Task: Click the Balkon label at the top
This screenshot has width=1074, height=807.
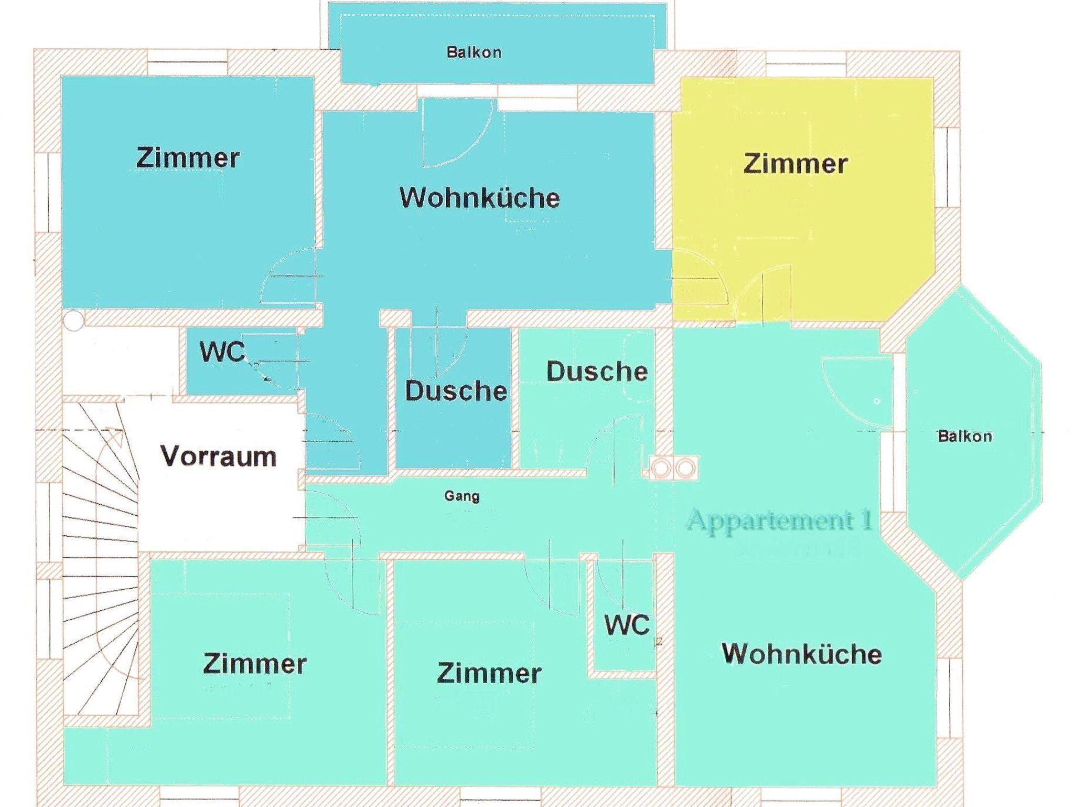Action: [474, 52]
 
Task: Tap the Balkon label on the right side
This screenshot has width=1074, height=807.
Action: [964, 437]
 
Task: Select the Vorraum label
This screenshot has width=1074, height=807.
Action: [218, 456]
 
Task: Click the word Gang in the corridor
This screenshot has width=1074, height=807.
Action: [461, 496]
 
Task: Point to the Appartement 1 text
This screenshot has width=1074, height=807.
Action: [779, 521]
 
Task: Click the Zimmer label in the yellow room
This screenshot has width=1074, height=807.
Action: [795, 164]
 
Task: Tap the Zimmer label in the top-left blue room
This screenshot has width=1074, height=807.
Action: [188, 158]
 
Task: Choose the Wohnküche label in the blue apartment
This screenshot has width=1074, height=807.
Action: [479, 198]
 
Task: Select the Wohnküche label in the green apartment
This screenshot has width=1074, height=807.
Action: [801, 654]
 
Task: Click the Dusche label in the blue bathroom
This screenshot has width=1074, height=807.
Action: [456, 391]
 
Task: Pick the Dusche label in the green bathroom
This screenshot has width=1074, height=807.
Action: [597, 371]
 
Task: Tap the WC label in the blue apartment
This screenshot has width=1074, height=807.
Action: [222, 352]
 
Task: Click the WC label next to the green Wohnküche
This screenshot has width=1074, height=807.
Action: [627, 625]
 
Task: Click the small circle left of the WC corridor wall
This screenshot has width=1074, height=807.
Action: [74, 321]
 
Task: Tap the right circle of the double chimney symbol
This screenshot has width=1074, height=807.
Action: [684, 468]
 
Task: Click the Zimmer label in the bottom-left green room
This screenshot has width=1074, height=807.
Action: [255, 664]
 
